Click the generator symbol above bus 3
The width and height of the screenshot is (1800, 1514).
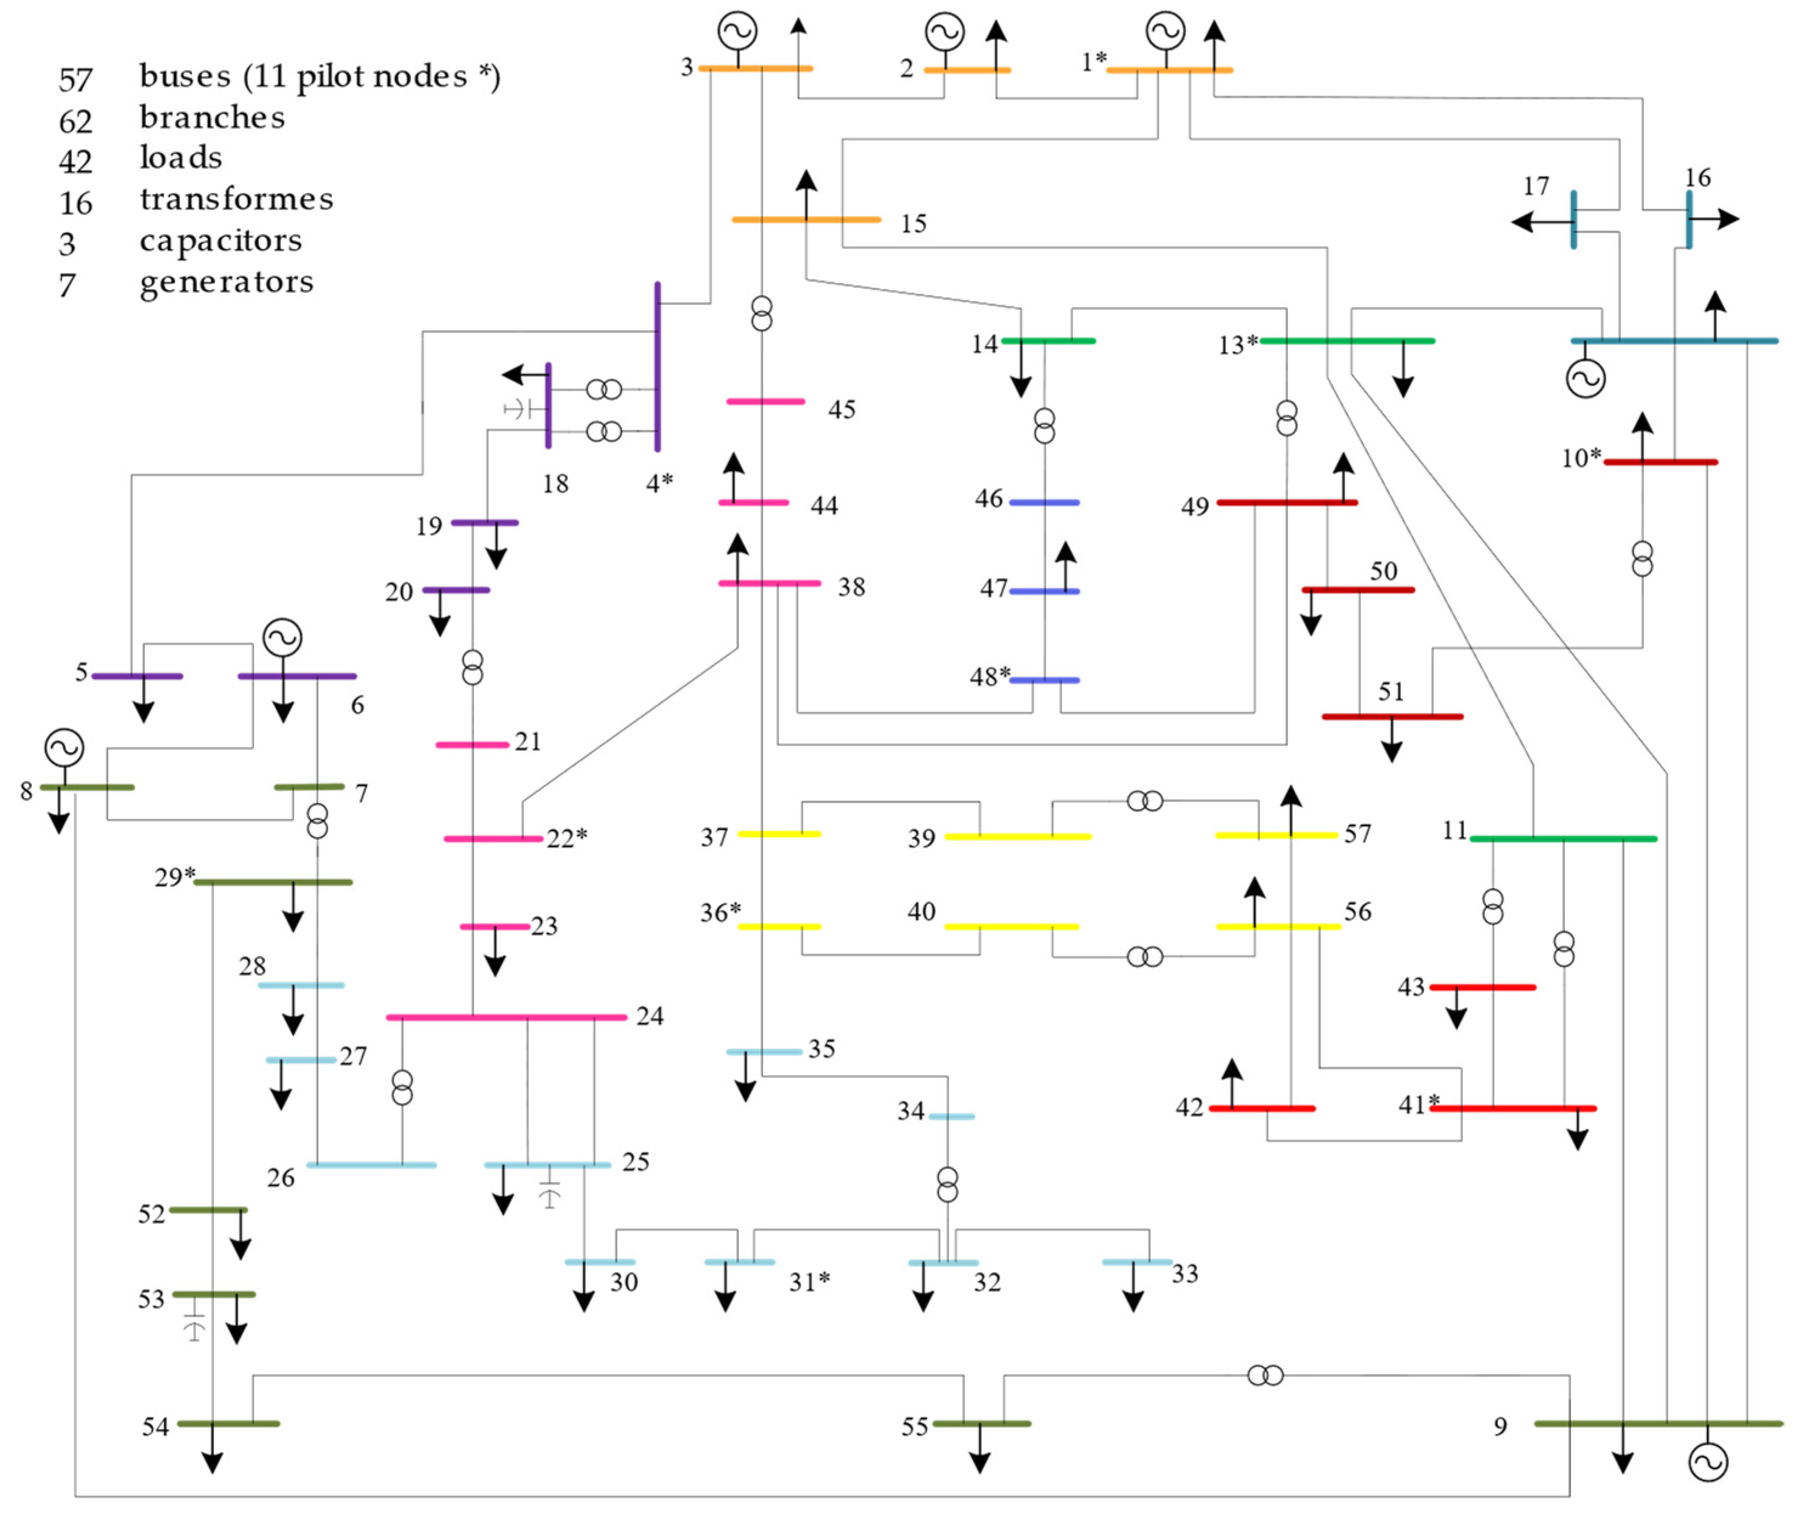tap(737, 31)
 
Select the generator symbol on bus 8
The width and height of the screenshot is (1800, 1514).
tap(64, 747)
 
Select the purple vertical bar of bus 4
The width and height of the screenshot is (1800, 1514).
tap(658, 367)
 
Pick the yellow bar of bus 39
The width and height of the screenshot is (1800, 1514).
tap(1017, 836)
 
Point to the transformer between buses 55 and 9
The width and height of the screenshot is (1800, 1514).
tap(1264, 1376)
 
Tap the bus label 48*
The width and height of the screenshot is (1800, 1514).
tap(990, 677)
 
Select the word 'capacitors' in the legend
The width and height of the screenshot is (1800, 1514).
tap(220, 240)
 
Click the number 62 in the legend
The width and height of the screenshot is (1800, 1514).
tap(75, 120)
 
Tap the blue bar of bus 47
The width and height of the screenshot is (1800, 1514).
tap(1044, 591)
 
